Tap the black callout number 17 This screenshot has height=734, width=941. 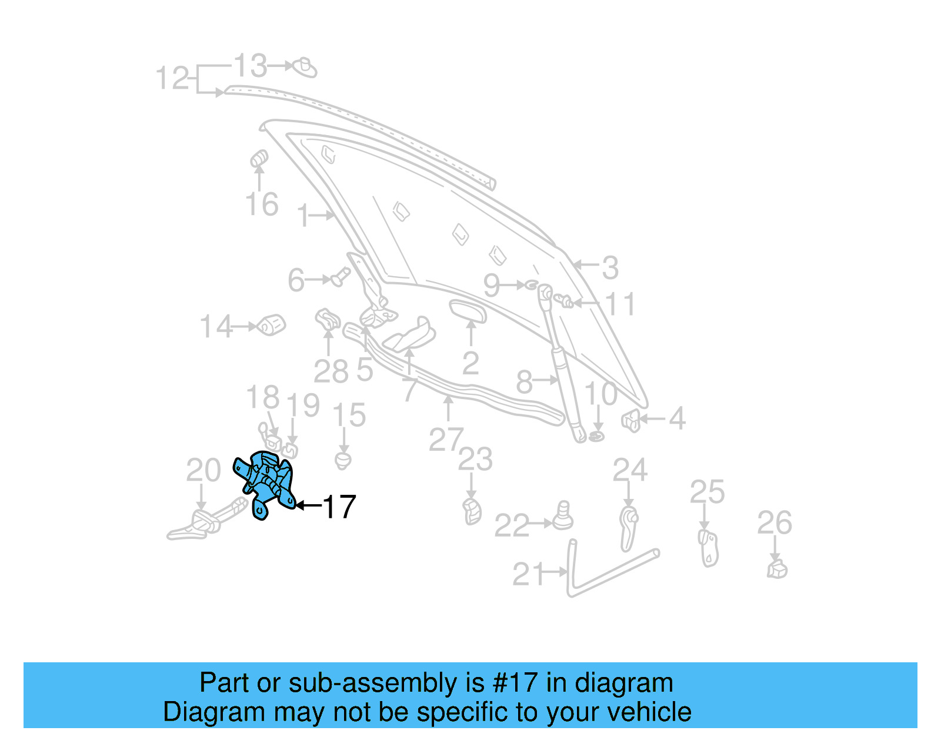point(339,507)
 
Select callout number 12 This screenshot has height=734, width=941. point(172,78)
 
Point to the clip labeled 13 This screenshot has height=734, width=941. point(305,68)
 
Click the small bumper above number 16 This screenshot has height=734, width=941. point(259,159)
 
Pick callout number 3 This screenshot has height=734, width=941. point(610,267)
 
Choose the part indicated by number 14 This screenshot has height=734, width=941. point(272,324)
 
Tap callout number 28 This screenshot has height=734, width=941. point(331,371)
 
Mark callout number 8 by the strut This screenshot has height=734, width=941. point(524,383)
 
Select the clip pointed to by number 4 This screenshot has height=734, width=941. point(631,420)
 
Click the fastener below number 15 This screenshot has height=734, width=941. point(343,460)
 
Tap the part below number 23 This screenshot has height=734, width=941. point(472,511)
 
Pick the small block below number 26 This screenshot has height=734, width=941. point(777,569)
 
